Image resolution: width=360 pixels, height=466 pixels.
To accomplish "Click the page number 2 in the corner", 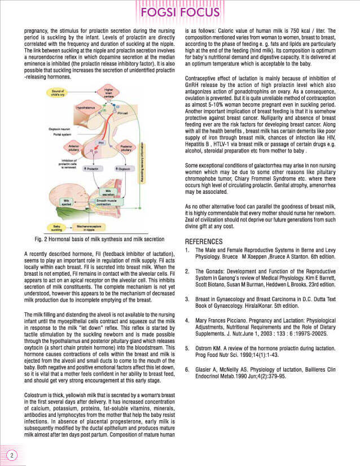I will coord(11,455).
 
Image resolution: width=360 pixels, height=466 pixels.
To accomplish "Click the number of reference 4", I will coord(187,320).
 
